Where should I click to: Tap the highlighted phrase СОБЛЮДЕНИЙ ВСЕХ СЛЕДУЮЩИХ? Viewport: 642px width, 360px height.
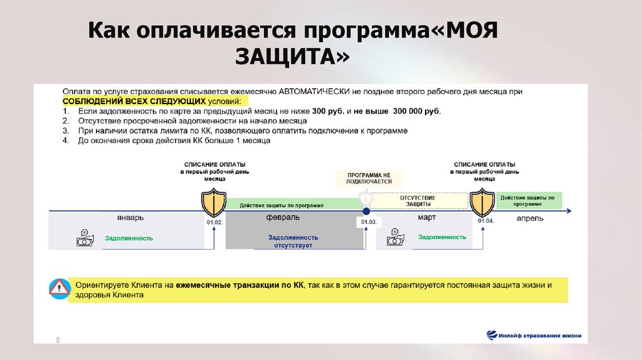134,101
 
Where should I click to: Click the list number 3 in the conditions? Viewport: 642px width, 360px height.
65,131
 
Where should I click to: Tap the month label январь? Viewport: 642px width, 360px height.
130,218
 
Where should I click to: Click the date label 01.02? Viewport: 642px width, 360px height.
214,222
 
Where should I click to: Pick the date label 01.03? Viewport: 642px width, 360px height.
367,222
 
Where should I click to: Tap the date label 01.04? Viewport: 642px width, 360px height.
486,221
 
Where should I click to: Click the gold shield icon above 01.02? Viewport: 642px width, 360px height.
214,202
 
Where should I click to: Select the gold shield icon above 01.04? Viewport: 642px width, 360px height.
483,202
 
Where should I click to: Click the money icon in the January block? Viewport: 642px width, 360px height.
85,238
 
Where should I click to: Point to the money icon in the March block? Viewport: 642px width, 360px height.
396,238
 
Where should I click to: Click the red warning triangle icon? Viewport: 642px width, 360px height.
60,289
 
